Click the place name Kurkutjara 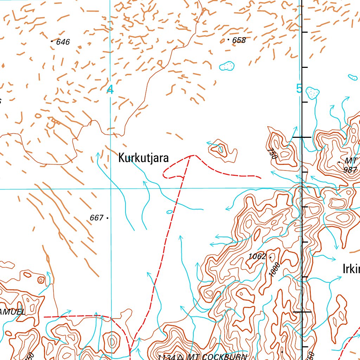(x=143, y=158)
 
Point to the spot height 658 (x=239, y=40)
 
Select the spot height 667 (x=96, y=218)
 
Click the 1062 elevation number (x=257, y=257)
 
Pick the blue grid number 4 (x=110, y=90)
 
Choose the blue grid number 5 (x=299, y=89)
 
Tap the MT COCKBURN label (x=217, y=357)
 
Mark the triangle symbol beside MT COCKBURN (x=180, y=357)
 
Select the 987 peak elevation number (x=350, y=169)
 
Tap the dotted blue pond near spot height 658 (x=227, y=66)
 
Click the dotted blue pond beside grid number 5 (x=312, y=93)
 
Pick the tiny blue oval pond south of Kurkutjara (x=169, y=212)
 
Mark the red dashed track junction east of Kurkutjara (x=190, y=155)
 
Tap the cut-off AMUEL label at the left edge (x=13, y=312)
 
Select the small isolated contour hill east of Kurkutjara (x=221, y=150)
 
